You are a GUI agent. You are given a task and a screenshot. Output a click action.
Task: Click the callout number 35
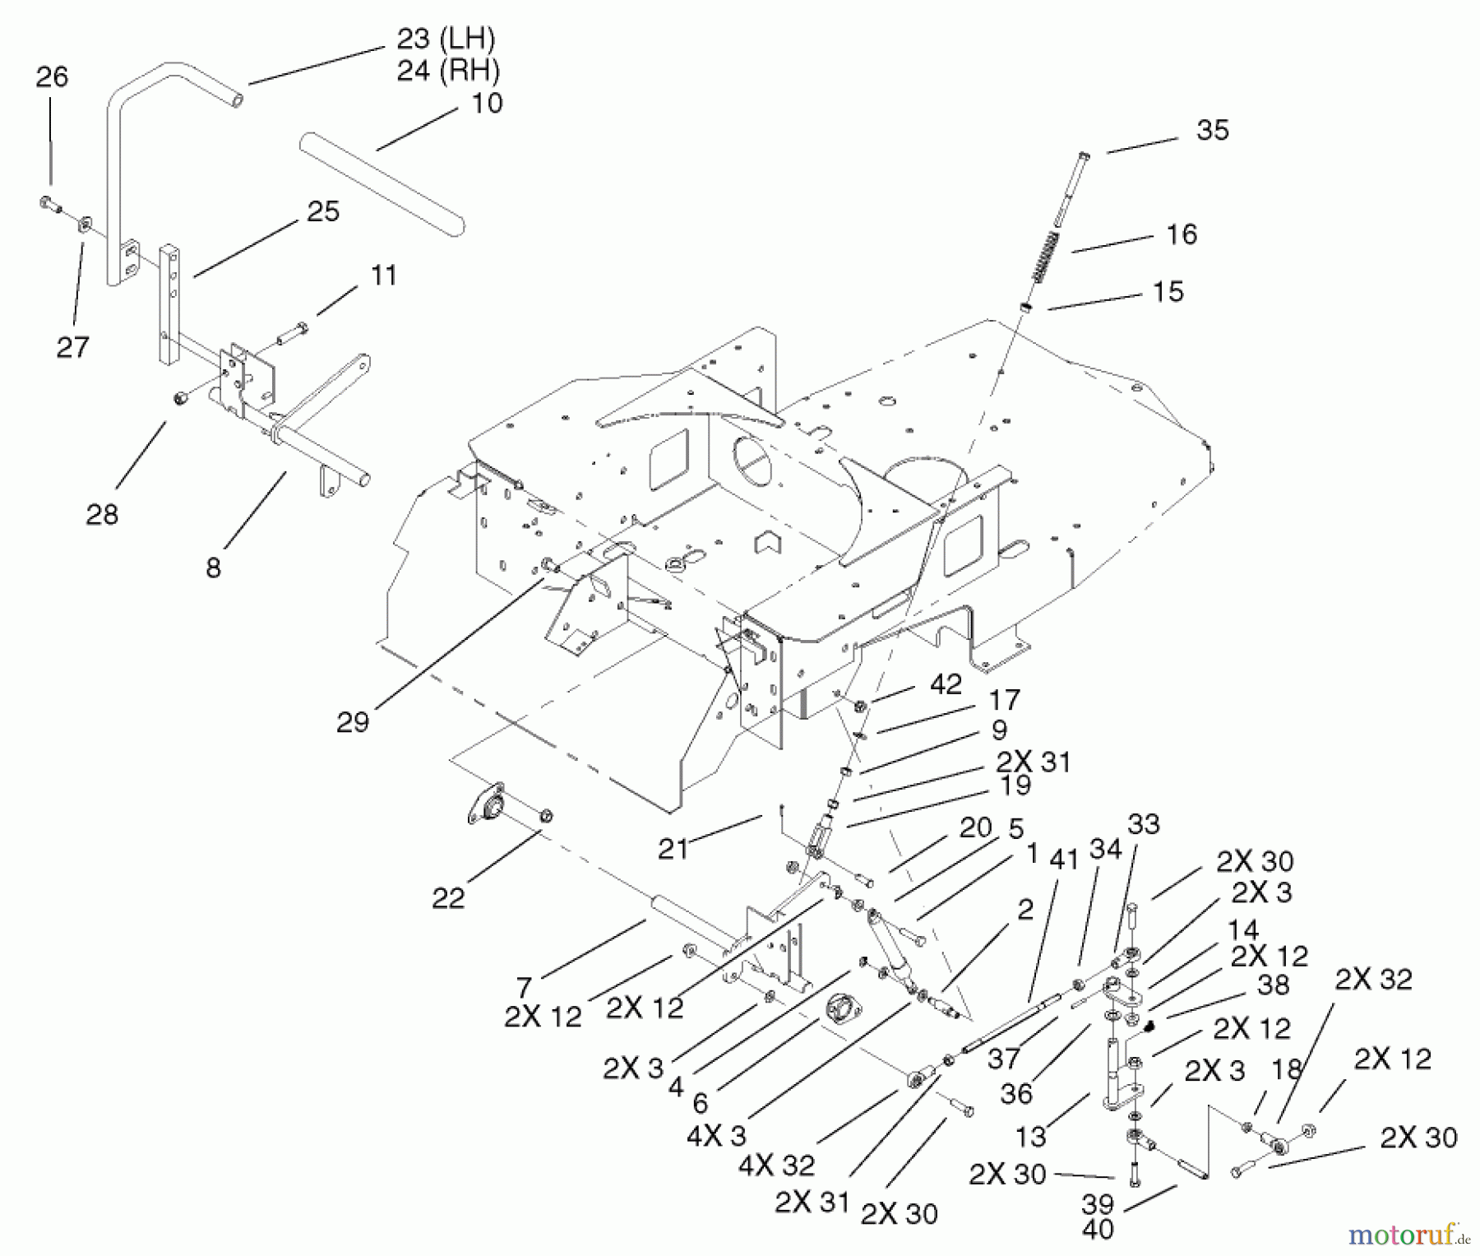coord(1212,131)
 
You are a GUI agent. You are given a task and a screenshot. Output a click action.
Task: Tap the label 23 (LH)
coord(446,39)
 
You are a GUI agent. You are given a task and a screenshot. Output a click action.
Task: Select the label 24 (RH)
coord(448,71)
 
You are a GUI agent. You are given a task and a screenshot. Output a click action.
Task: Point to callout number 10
coord(487,104)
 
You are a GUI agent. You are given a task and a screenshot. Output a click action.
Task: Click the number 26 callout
coord(52,77)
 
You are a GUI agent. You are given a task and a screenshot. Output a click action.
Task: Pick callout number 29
coord(353,722)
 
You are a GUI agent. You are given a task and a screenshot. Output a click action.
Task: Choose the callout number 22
coord(448,898)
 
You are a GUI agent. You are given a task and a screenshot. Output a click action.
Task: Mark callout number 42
coord(946,684)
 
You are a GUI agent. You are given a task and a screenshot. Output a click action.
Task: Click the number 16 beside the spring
coord(1182,234)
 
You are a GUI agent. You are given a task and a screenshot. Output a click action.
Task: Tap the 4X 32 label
coord(776,1165)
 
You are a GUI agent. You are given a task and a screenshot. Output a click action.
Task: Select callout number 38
coord(1273,985)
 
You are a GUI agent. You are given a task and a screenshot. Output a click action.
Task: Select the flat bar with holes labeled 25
coord(169,304)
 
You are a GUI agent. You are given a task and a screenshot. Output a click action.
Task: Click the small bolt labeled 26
coord(51,204)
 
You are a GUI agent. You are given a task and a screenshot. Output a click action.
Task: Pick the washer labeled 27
coord(86,224)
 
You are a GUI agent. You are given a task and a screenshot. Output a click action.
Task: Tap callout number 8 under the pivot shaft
coord(214,568)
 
